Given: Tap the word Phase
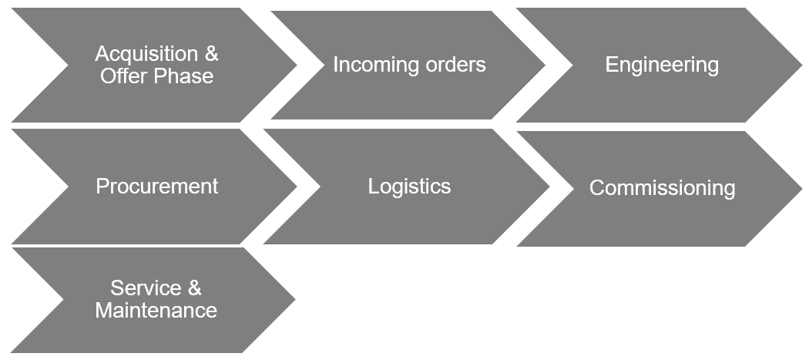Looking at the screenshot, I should (183, 76).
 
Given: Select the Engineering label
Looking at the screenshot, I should (662, 65).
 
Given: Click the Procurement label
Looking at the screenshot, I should (157, 187).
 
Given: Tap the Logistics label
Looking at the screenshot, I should (409, 187).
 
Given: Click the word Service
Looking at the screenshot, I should (144, 288).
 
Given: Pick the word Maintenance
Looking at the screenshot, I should (156, 311).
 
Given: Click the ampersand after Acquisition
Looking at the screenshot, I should (211, 54).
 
